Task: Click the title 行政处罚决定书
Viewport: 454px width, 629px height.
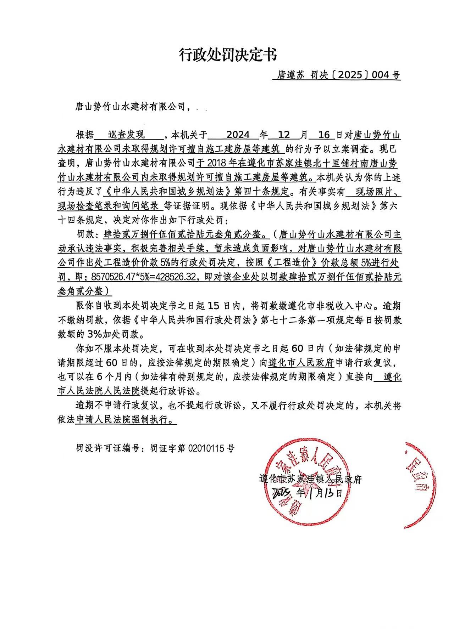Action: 227,55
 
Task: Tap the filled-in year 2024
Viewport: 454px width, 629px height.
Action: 238,135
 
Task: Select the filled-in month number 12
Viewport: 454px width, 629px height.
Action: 284,135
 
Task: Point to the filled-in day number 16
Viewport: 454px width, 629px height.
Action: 324,135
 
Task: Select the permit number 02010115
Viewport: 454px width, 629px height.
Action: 207,448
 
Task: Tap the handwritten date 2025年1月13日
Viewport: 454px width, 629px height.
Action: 307,493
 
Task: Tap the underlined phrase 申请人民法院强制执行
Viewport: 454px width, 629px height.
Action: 126,420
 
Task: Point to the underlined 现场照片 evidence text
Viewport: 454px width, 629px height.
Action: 373,192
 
